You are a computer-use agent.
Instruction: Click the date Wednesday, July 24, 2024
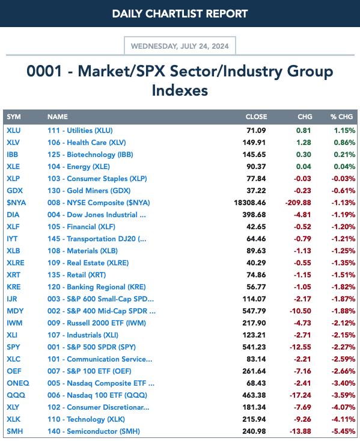point(180,46)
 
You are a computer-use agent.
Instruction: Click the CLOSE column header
point(256,117)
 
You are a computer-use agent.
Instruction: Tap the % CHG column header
point(341,117)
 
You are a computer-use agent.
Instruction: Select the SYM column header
point(13,117)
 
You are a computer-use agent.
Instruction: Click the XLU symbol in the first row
point(13,131)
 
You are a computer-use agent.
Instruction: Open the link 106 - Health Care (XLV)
point(87,143)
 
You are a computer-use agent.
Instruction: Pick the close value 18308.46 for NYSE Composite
point(250,203)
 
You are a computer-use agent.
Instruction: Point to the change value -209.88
point(298,203)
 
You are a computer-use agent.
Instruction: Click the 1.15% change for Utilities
point(344,131)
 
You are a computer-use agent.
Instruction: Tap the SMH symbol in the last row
point(14,431)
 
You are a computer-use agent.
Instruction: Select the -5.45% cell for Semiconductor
point(343,431)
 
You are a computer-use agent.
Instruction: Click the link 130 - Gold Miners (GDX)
point(89,191)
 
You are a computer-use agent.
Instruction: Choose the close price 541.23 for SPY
point(254,347)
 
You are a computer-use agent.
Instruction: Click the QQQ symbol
point(16,395)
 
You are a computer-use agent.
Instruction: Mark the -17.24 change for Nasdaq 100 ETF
point(301,395)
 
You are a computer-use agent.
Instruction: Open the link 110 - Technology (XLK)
point(86,419)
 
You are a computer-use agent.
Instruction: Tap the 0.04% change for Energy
point(344,167)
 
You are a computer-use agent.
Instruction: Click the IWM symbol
point(14,323)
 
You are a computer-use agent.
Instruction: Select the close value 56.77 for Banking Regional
point(256,287)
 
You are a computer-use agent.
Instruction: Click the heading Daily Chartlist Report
point(180,13)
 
